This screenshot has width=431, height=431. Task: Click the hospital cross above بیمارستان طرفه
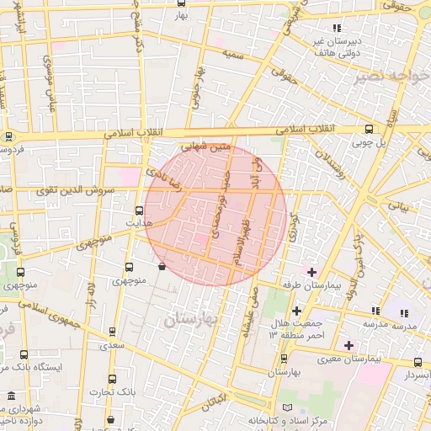tap(311, 271)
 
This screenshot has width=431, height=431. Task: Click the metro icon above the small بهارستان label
tap(284, 359)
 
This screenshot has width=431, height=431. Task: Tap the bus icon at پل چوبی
tap(370, 129)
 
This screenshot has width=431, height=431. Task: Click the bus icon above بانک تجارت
tap(112, 380)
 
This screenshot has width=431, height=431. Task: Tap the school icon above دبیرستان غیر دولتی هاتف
tap(337, 29)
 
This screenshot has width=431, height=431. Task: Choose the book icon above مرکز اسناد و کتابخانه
tap(289, 407)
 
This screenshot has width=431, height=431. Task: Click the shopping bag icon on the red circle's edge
tap(162, 266)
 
